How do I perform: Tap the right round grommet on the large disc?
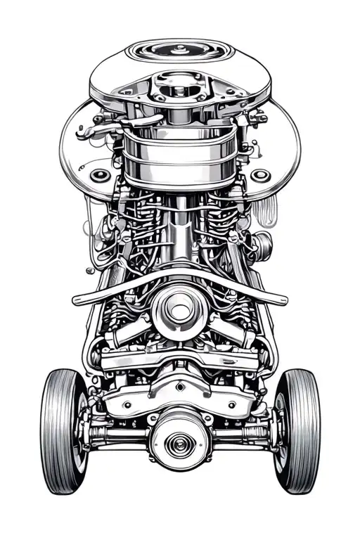261,174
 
